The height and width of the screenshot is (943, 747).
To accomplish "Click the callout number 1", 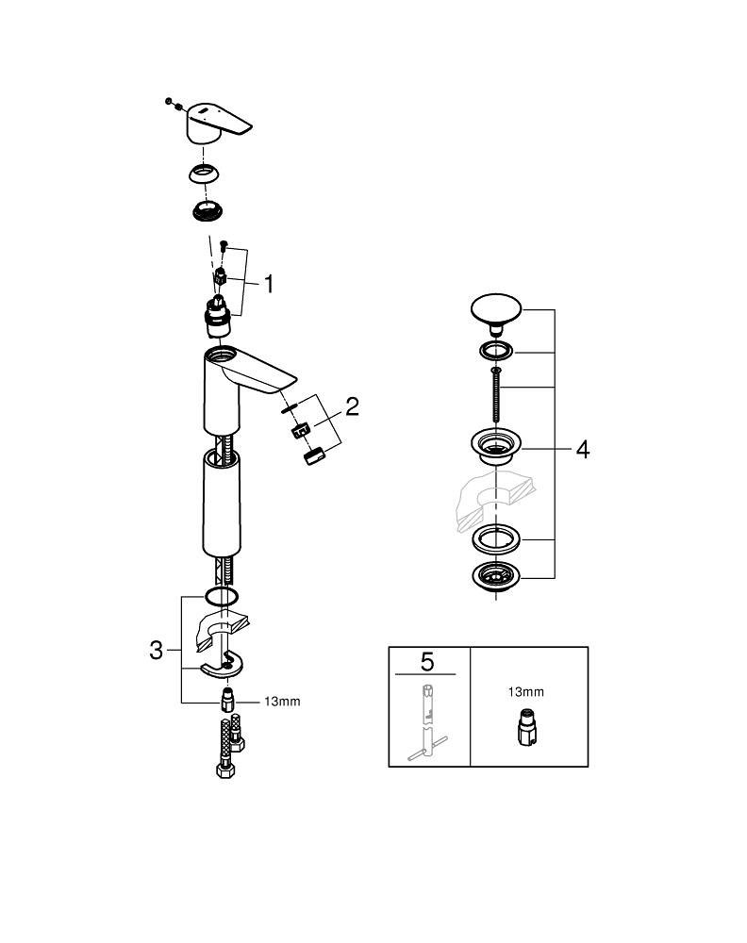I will pos(269,284).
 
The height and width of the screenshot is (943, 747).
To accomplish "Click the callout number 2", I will pos(352,407).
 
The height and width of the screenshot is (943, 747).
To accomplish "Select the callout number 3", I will pos(158,650).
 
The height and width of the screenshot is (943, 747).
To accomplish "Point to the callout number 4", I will pos(583,450).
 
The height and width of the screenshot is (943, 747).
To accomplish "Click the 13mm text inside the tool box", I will pos(526,692).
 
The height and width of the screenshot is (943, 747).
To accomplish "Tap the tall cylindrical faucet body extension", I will pos(224,505).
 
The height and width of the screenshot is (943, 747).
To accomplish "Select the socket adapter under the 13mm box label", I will pos(525,728).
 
